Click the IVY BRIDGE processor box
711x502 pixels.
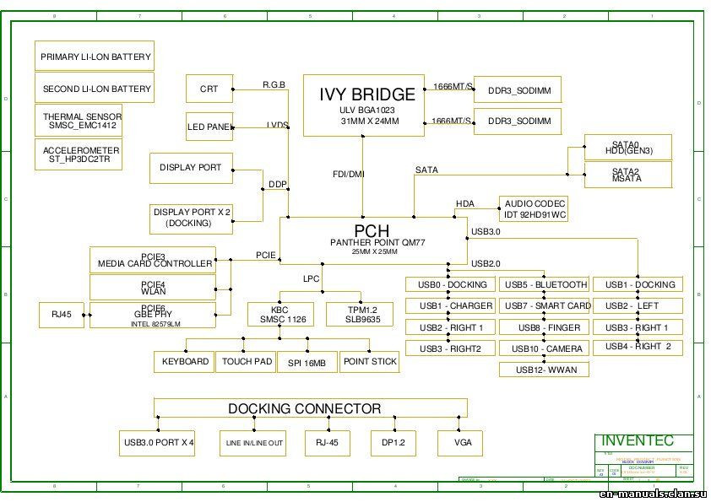(366, 105)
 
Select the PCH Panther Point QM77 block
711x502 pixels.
(373, 240)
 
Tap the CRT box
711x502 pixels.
(209, 89)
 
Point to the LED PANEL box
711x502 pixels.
(209, 127)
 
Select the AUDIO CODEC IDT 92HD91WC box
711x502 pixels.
(534, 209)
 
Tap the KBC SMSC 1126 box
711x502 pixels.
(280, 315)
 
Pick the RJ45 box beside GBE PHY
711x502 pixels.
(61, 315)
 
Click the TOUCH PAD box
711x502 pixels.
(247, 362)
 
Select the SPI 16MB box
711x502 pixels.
(307, 362)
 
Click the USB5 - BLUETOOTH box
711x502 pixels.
(546, 284)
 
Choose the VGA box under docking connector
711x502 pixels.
(463, 442)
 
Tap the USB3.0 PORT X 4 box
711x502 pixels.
(158, 442)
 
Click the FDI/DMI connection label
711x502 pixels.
(349, 174)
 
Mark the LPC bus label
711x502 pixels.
(312, 278)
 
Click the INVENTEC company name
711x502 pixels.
(638, 440)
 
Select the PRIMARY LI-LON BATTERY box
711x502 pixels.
(95, 57)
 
